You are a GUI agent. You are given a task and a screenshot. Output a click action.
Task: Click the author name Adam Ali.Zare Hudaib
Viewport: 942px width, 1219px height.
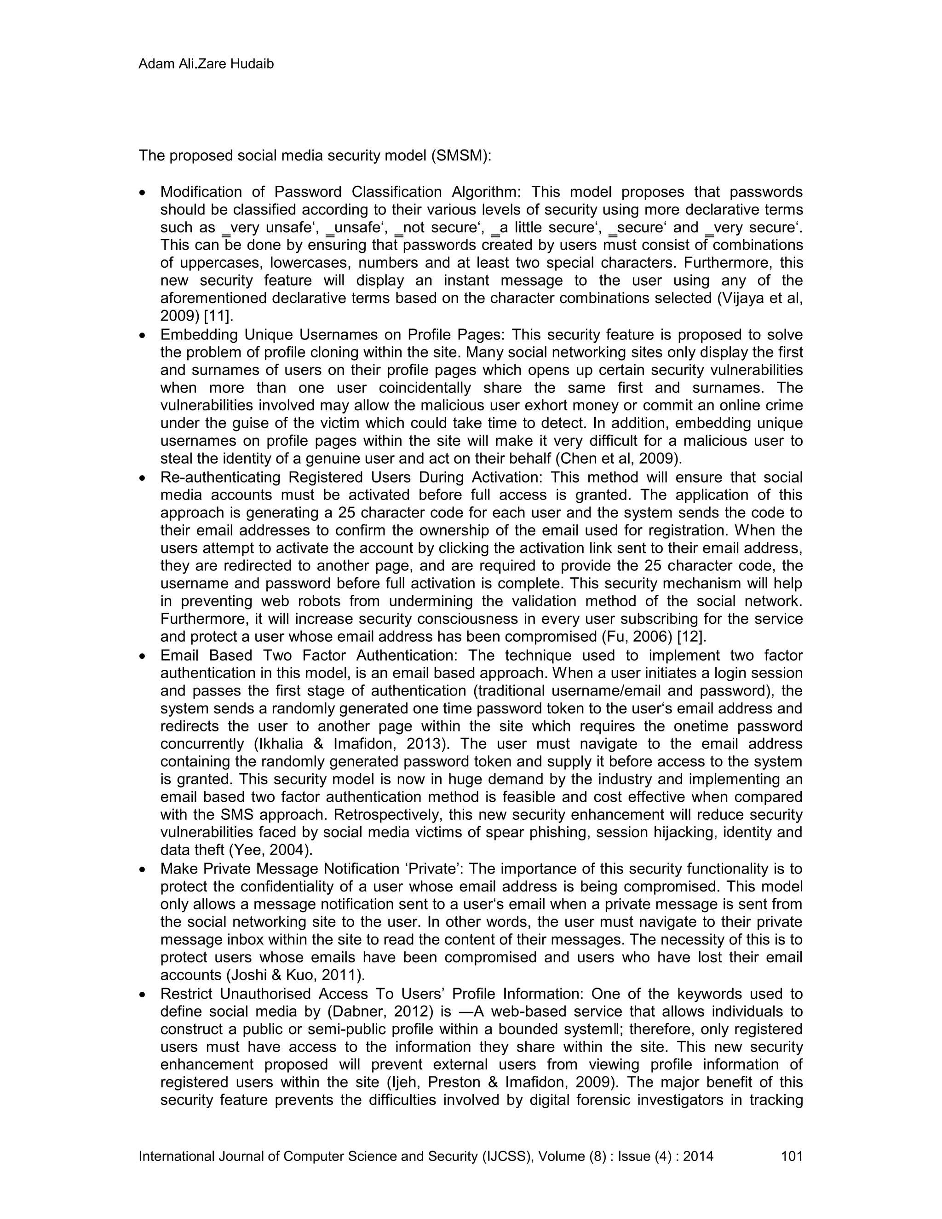[x=206, y=64]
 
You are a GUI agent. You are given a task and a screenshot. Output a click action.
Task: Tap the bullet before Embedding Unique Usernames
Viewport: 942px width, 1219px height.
[x=143, y=336]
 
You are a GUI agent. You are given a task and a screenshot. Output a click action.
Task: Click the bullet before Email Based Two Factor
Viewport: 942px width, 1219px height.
[x=143, y=656]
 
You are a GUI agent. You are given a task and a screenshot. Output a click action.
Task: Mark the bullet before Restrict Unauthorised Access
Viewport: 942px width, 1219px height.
[x=143, y=995]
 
